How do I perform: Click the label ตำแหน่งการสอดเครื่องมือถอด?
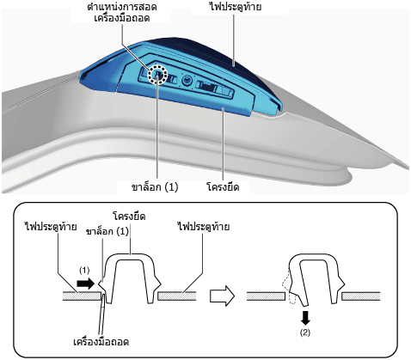coord(121,13)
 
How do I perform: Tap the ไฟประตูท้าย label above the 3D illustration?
coord(236,7)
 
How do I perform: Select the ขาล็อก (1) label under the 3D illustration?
coord(155,187)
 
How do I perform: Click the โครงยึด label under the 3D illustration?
coord(223,187)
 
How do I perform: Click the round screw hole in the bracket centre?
coord(187,80)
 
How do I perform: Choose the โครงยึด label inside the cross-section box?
coord(129,217)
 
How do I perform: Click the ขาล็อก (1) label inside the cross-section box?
coord(107,231)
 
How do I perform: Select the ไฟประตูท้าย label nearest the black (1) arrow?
coord(51,227)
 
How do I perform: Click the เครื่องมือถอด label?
coord(101,342)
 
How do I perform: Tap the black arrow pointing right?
coord(85,284)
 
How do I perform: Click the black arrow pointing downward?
coord(305,318)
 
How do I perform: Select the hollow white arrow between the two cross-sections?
coord(222,296)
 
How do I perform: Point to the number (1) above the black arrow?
coord(84,270)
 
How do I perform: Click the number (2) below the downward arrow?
coord(305,333)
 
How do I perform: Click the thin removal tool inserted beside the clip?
coord(102,312)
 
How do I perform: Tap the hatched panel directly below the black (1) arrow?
coord(82,296)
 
